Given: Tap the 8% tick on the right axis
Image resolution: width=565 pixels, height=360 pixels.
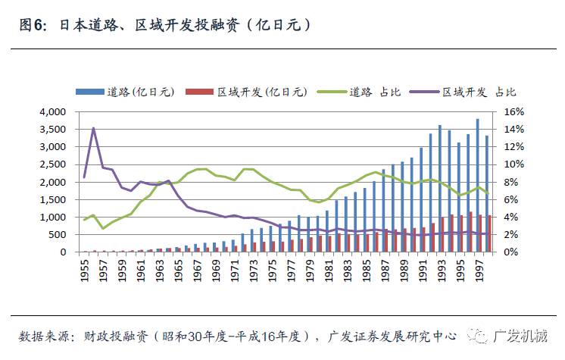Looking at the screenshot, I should coord(502,182).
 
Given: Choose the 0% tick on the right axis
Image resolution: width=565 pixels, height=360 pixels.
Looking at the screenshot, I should coord(502,252).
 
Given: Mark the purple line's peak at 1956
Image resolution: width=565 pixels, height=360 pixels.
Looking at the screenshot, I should coord(93,128).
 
